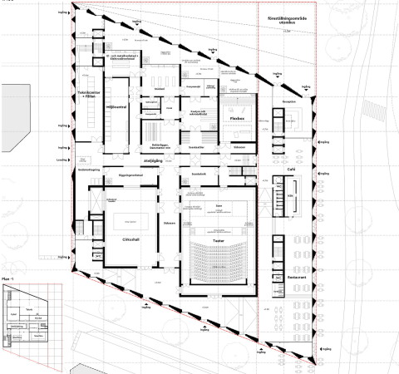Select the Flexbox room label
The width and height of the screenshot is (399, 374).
point(235,120)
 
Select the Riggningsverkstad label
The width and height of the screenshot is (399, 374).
point(131,176)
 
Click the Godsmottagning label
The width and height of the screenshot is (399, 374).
point(89,169)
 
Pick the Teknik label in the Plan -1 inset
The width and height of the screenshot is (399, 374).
point(29,308)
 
